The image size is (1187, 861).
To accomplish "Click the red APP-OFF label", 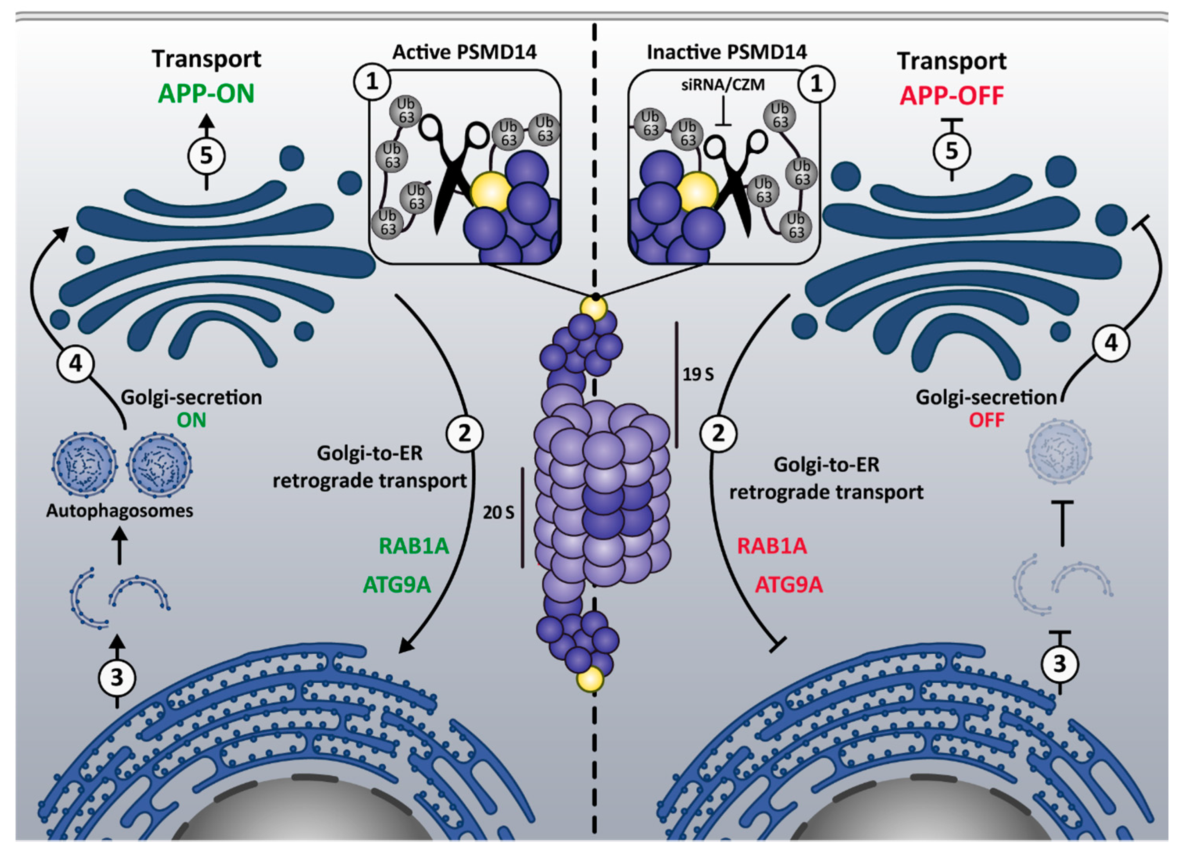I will (x=952, y=96).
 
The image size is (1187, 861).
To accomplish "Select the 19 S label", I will (x=697, y=374).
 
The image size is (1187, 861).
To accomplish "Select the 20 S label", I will (x=498, y=512).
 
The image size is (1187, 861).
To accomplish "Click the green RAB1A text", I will (x=414, y=546).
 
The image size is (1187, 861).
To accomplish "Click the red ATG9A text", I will (x=789, y=584).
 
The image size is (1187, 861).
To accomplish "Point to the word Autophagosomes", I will (x=120, y=510).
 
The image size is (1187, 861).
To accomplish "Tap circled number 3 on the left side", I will (x=117, y=677).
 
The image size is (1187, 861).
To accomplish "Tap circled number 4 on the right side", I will (x=1111, y=343).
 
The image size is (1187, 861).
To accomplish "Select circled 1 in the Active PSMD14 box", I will (x=372, y=82).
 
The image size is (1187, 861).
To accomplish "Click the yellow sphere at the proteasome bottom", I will (x=590, y=680).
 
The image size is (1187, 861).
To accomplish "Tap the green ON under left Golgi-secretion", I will (x=192, y=420).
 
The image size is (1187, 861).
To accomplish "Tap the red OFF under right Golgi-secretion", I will (x=986, y=420).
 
